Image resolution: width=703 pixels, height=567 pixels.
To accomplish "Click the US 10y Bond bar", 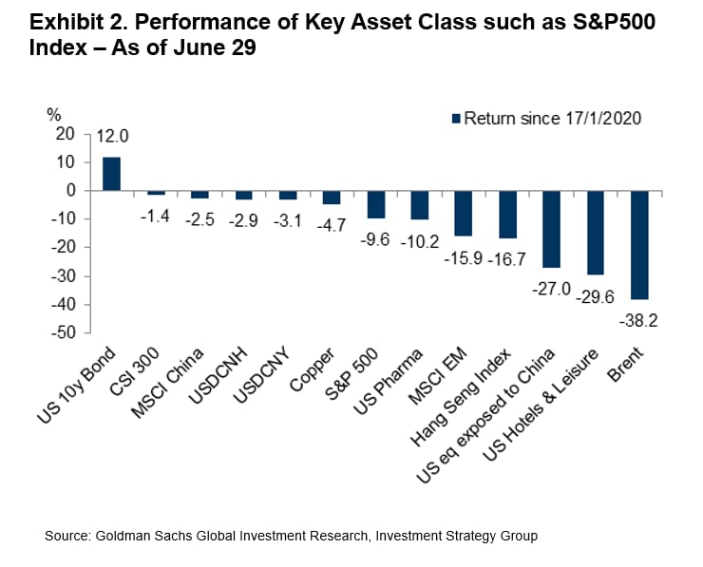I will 112,174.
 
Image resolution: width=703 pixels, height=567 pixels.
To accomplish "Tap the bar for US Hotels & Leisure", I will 596,233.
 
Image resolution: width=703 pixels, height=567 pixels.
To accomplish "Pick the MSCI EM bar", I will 464,214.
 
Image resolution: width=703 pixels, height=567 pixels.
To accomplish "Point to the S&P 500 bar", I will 376,204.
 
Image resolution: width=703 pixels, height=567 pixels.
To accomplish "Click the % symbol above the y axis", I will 54,114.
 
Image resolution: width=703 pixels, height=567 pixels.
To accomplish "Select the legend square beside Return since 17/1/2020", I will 456,119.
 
